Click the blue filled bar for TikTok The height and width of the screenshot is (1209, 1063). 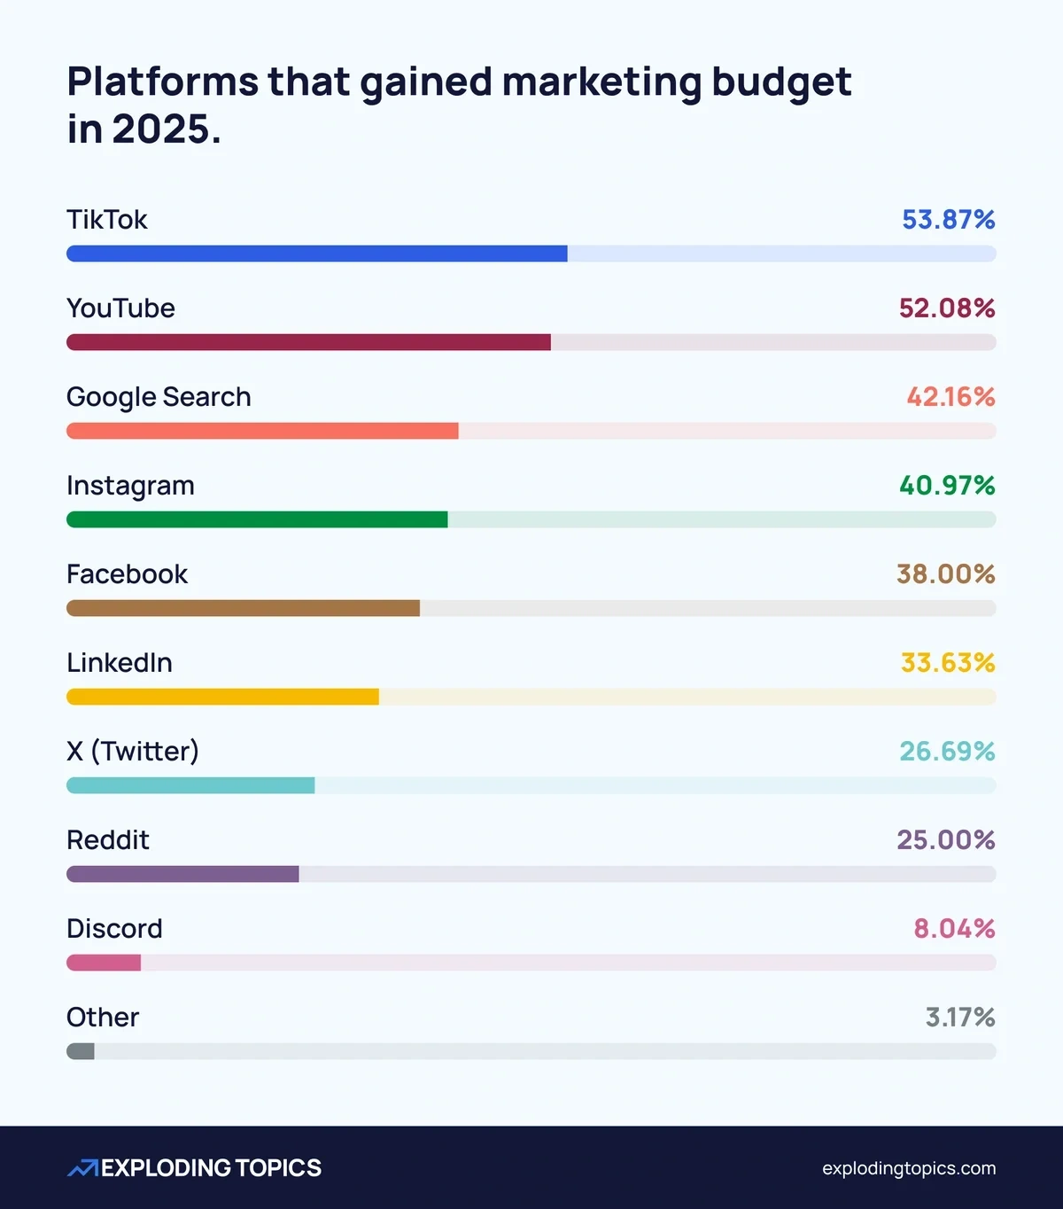tap(316, 253)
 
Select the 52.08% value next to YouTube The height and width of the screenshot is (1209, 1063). tap(946, 308)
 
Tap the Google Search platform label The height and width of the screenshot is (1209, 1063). tap(159, 397)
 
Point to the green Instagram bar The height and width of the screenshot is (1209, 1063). tap(257, 519)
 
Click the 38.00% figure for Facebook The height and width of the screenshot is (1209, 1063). tap(945, 574)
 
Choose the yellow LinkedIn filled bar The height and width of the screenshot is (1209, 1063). tap(222, 697)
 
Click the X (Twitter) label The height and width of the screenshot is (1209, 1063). tap(133, 752)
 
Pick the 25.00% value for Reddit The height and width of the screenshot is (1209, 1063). tap(945, 840)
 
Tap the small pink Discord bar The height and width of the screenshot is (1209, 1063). tap(104, 963)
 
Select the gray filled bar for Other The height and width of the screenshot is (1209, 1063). tap(81, 1051)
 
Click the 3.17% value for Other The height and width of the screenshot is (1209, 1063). tap(959, 1018)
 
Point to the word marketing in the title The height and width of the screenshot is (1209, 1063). tap(601, 82)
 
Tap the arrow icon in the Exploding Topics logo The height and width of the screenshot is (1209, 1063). tap(82, 1168)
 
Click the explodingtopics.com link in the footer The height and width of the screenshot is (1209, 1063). tap(908, 1168)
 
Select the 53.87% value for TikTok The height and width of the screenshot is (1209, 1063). tap(948, 220)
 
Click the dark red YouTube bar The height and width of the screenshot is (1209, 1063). tap(308, 342)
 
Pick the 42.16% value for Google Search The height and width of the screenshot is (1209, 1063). tap(950, 397)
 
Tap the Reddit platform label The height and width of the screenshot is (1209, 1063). tap(108, 840)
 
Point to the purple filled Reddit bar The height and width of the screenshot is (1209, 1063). tap(182, 874)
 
